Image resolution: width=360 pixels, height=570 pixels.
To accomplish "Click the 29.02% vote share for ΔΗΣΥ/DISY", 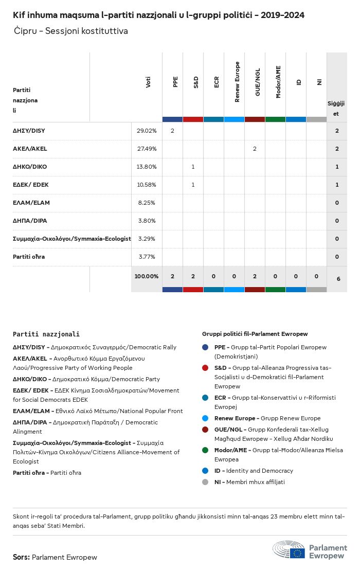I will pos(147,131).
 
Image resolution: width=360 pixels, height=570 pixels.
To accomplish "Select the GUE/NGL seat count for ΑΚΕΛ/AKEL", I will pos(255,149).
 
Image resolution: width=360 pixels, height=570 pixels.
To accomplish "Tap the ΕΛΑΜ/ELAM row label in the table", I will pos(31,203).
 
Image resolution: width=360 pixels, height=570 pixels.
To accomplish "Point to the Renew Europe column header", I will pos(237,82).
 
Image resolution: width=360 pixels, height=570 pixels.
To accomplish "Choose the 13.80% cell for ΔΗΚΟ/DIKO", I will pos(147,167).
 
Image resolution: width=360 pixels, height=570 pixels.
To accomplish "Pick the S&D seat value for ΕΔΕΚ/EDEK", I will pos(193,185).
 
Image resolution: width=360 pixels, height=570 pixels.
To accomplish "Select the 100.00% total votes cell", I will pos(147,276).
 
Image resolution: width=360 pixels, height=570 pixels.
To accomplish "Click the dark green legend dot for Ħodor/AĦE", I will pos(205,450).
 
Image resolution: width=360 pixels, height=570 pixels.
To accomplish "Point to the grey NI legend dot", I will pos(205,482).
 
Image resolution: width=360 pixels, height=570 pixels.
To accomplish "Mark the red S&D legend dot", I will pos(205,368).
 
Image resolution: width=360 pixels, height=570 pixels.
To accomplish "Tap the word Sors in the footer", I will pos(21,557).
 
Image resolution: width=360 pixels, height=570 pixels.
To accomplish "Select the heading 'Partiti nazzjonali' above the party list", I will pos(46,334).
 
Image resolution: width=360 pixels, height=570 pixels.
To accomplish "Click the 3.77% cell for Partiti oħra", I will pos(147,257).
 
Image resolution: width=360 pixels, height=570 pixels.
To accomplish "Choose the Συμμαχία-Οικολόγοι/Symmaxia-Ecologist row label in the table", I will pos(71,239).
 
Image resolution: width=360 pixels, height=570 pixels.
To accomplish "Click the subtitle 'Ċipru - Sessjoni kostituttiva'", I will pos(71,31).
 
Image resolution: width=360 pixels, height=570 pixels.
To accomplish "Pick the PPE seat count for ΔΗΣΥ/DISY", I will pos(172,131).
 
